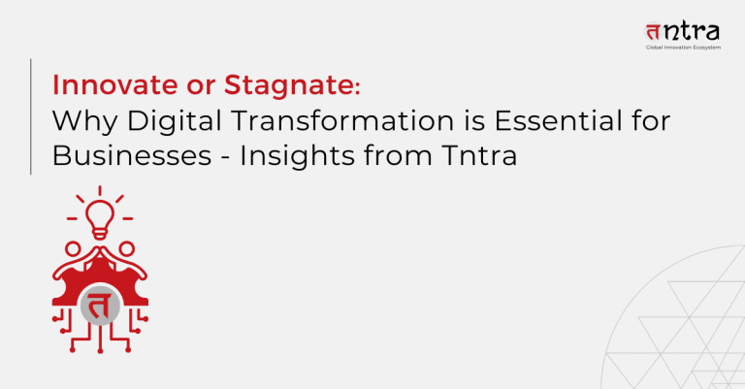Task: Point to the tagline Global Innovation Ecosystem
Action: click(683, 48)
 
